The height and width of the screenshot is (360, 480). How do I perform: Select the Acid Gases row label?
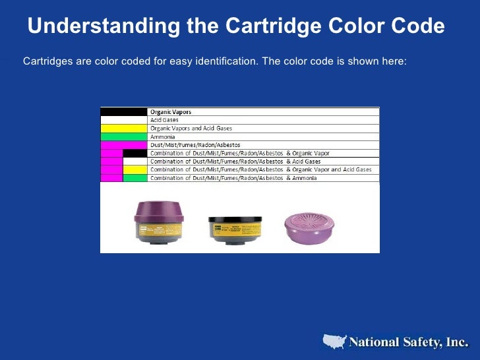click(x=165, y=120)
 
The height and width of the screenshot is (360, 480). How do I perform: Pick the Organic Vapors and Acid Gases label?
click(x=191, y=128)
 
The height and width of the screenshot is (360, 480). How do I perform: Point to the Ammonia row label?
click(x=163, y=136)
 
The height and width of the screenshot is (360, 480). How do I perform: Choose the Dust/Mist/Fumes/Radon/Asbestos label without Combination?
click(x=195, y=144)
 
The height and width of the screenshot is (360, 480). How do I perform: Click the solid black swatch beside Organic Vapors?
click(x=123, y=112)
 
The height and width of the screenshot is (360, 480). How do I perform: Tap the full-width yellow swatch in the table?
click(x=123, y=128)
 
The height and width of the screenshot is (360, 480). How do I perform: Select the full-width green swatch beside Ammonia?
click(x=123, y=136)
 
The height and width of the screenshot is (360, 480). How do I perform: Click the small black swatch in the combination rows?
click(x=135, y=153)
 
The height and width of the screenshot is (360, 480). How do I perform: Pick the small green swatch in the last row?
click(x=135, y=177)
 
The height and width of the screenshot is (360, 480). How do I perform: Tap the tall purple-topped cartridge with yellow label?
click(x=160, y=221)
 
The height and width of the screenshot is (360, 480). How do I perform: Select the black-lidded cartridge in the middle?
click(x=235, y=229)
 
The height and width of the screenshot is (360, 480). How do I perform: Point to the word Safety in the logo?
click(x=414, y=342)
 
